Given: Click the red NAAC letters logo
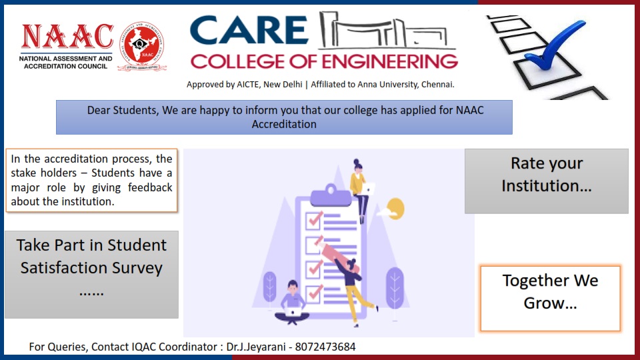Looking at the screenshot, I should [x=67, y=37].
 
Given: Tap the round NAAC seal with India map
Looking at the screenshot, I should [x=142, y=45].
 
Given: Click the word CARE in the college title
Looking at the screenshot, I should [x=249, y=31].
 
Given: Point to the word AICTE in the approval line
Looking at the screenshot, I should [x=247, y=85].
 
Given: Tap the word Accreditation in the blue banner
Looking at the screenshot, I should [x=284, y=124].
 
